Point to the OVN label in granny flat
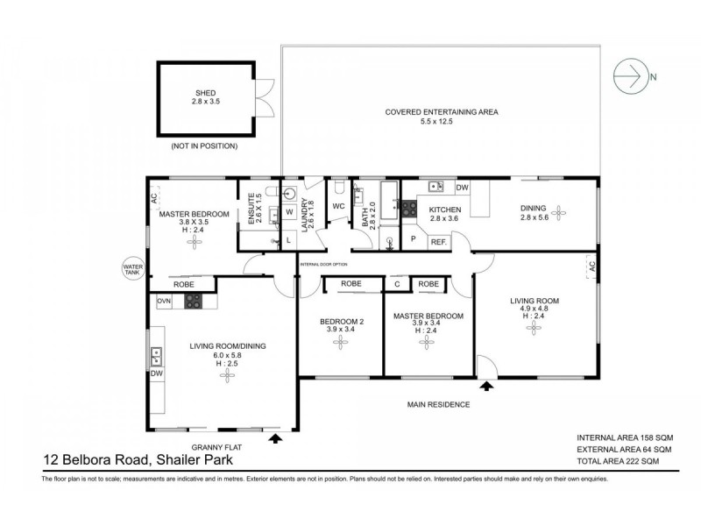(164, 301)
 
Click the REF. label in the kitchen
(438, 241)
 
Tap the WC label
(338, 207)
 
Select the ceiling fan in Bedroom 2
(341, 344)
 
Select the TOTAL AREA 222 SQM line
(617, 461)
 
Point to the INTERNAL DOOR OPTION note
(323, 264)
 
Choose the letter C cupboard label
(397, 284)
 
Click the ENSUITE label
(251, 210)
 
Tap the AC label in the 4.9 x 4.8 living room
(591, 266)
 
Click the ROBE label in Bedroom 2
(350, 284)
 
